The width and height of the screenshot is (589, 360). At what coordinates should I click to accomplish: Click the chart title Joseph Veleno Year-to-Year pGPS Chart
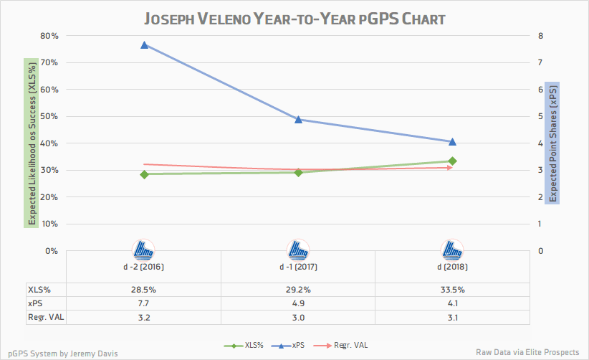pos(294,18)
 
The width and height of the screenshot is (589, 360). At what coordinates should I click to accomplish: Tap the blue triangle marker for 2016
pos(144,44)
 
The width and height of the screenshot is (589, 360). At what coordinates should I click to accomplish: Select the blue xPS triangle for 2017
pos(298,119)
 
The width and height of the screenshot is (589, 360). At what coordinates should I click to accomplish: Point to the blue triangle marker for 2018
pos(452,141)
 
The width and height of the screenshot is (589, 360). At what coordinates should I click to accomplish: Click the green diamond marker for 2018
pos(452,161)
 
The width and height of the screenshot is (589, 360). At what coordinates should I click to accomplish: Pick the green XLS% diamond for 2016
pos(144,174)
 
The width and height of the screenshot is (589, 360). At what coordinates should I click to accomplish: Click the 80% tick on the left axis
pos(49,36)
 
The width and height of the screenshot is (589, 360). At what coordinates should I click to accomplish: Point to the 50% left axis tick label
pos(49,116)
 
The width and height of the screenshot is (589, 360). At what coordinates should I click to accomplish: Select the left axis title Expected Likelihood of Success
pos(30,143)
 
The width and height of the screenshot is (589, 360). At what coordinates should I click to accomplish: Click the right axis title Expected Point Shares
pos(552,143)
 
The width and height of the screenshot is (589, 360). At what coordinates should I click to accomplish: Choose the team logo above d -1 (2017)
pos(298,250)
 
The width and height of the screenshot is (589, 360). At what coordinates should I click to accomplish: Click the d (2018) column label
pos(452,267)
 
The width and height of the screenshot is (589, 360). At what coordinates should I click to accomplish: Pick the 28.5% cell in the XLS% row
pos(144,290)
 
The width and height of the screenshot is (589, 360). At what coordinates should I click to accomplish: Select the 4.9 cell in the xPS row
pos(298,303)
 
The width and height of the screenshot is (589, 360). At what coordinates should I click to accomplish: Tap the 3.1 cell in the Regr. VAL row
pos(452,316)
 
